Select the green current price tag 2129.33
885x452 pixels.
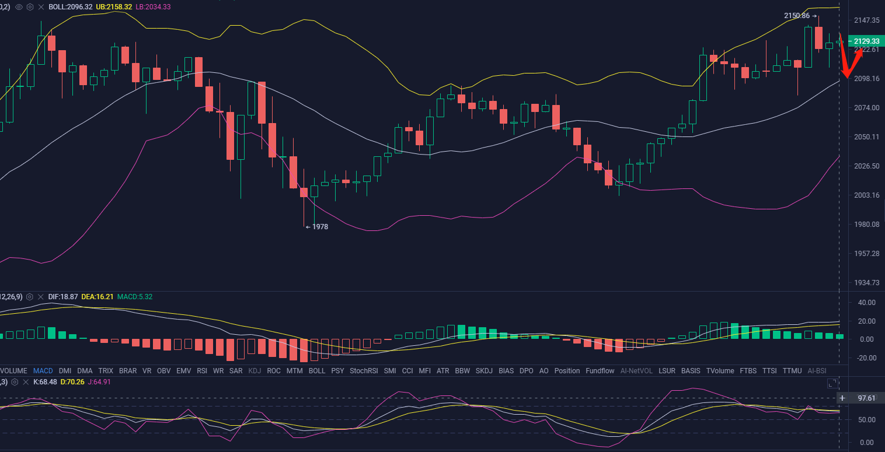866,41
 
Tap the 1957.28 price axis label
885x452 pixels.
866,254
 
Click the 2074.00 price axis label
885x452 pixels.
866,108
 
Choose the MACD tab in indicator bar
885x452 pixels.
43,371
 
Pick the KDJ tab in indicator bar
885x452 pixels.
255,371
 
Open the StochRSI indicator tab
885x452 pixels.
364,371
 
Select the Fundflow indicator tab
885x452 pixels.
600,371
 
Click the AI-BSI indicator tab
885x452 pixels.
817,371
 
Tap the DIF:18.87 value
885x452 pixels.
62,297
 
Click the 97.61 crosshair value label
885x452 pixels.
866,398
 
